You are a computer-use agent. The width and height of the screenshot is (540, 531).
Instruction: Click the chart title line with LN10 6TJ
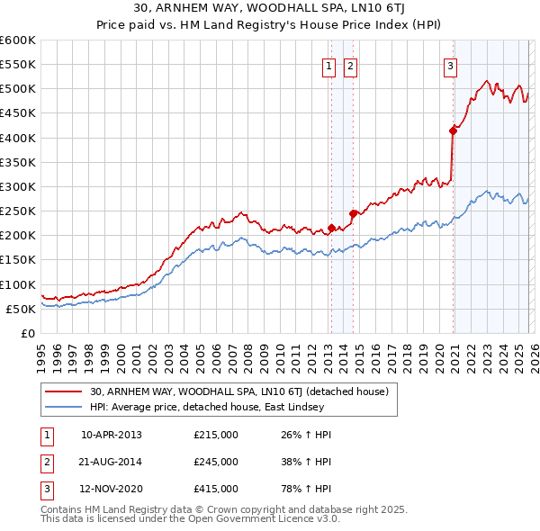tap(269, 10)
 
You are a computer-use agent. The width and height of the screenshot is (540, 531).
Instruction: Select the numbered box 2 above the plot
tap(349, 65)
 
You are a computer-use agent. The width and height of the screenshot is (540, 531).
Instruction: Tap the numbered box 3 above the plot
tap(449, 65)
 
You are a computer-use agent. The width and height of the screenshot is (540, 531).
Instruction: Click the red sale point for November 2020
tap(453, 130)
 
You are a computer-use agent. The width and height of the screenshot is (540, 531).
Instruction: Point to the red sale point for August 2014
tap(353, 213)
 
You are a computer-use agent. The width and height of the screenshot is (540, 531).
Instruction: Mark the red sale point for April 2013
tap(331, 228)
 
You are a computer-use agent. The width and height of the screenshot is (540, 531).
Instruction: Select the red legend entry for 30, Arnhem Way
tap(238, 391)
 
